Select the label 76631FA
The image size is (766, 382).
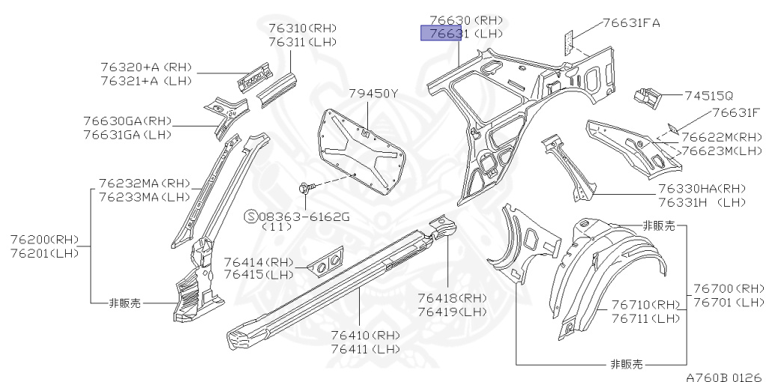(631, 22)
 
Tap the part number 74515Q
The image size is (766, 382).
(709, 96)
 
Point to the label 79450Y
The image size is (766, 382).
(373, 93)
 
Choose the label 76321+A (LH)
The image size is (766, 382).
(146, 80)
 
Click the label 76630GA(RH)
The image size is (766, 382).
(127, 121)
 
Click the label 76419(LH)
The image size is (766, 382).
(452, 312)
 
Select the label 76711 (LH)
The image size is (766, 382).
(645, 318)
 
